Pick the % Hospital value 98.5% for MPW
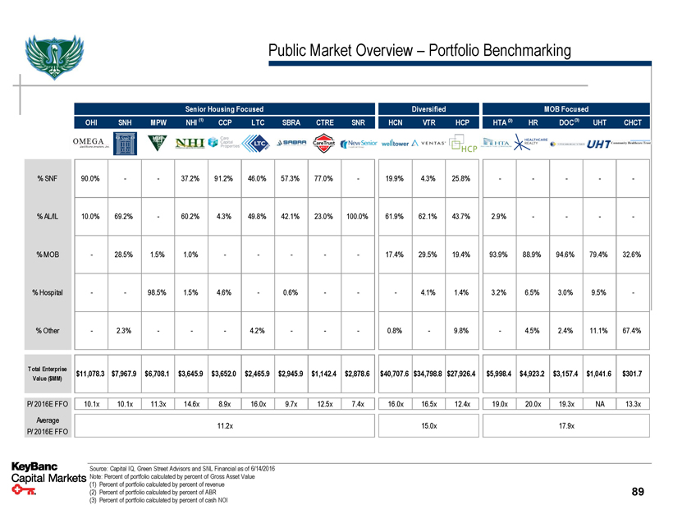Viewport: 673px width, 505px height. click(156, 292)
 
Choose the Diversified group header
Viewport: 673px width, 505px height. click(428, 108)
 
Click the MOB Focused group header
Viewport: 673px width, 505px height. click(565, 108)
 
